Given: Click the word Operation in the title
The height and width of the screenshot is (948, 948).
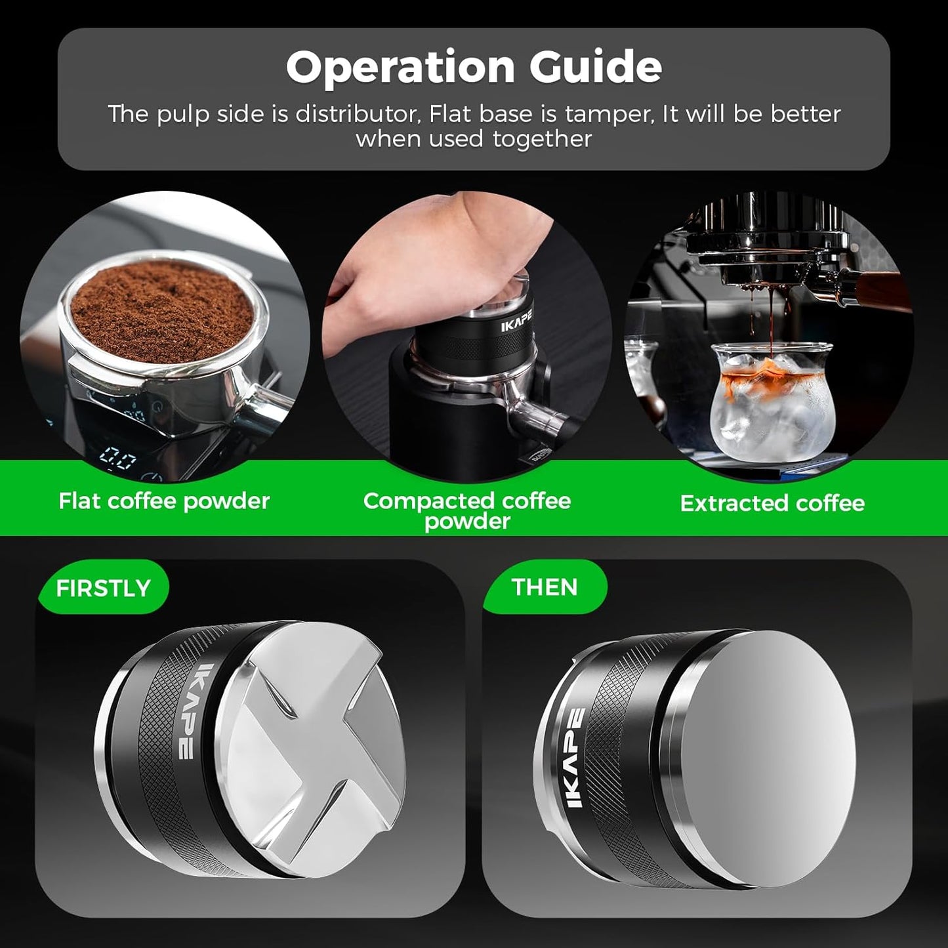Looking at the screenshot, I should coord(400,67).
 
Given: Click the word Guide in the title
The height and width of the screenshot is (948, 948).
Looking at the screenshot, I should coord(596,67).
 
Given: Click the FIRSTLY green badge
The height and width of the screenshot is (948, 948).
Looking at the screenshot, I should coord(104,588).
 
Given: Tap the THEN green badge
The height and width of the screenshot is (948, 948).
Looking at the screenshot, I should coord(545,587).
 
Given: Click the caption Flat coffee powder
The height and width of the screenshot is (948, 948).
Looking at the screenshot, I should coord(164,501).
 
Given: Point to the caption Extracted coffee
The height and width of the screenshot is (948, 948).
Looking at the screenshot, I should coord(772,503).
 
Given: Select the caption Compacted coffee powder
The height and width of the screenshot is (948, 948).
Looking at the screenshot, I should coord(467,510).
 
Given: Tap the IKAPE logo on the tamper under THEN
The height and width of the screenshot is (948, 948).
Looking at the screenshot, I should coord(575,758).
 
